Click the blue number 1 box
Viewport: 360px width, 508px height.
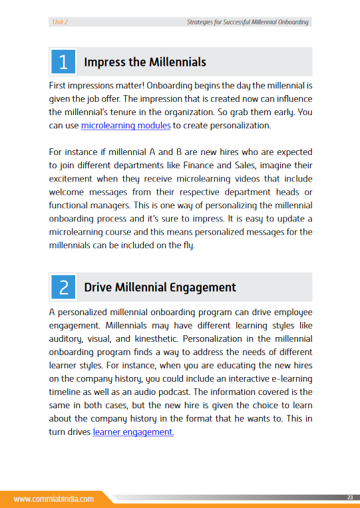coord(63,62)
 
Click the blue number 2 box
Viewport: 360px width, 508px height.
coord(63,287)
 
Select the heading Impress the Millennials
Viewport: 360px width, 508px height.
coord(145,63)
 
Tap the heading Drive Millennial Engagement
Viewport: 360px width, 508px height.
coord(160,287)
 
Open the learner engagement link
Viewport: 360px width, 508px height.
coord(133,432)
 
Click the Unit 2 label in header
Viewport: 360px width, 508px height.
coord(60,22)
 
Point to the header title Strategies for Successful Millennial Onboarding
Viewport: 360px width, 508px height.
coord(248,22)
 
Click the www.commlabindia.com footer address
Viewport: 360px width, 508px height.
coord(53,498)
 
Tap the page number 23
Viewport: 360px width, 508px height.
coord(349,497)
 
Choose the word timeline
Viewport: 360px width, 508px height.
coord(67,392)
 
